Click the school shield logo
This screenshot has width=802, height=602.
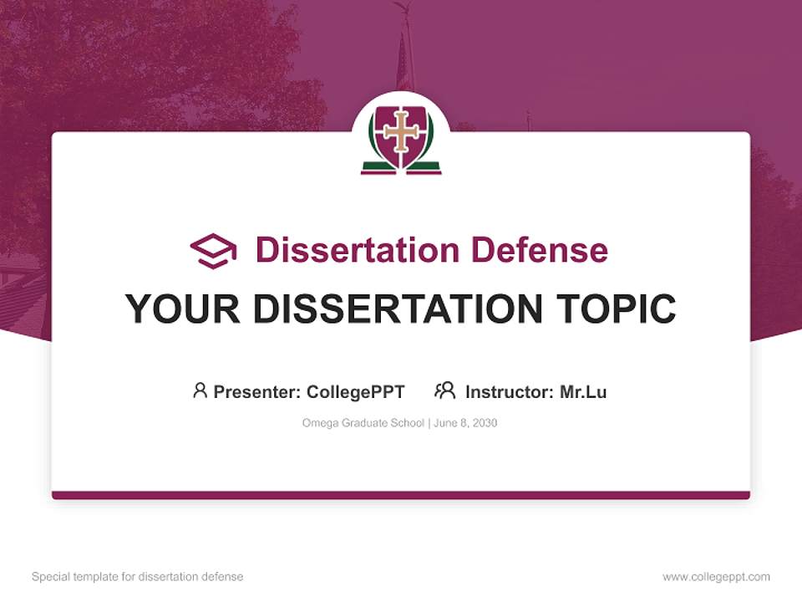(x=401, y=136)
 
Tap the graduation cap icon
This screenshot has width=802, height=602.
(x=213, y=251)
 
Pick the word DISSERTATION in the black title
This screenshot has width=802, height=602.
(x=399, y=309)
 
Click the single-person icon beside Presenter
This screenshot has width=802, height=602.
(x=200, y=390)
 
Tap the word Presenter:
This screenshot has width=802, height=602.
(x=257, y=391)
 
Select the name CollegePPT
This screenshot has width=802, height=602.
(x=356, y=391)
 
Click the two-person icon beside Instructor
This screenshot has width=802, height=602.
(x=445, y=390)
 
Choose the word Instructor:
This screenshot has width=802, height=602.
(x=510, y=391)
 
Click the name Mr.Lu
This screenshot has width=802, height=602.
(x=583, y=391)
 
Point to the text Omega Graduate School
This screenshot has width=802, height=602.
(x=363, y=423)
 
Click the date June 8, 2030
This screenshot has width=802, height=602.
(x=465, y=423)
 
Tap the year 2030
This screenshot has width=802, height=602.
(x=484, y=423)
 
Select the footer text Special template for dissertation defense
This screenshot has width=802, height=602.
(x=138, y=577)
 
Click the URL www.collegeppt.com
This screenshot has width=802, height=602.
(x=716, y=577)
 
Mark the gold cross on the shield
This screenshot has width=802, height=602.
(x=401, y=130)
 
